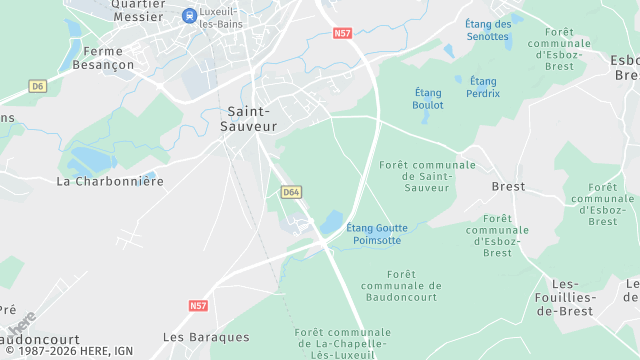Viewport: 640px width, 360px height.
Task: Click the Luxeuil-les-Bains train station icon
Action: click(189, 15)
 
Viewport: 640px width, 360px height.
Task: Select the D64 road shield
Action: click(291, 191)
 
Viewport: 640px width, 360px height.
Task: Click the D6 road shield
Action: click(38, 86)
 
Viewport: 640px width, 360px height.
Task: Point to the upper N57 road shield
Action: click(343, 33)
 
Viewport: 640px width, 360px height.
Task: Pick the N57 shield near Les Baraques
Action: click(198, 305)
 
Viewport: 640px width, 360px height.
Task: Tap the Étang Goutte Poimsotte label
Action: click(377, 234)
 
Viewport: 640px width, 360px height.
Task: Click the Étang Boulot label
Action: click(428, 105)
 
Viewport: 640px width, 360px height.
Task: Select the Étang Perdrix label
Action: click(482, 87)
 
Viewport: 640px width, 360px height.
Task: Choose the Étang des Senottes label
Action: click(488, 30)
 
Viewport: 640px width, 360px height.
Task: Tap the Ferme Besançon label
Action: click(109, 58)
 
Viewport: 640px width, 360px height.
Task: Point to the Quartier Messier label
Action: click(138, 10)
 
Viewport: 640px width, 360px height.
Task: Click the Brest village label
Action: click(508, 187)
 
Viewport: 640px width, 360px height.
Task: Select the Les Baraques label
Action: click(206, 337)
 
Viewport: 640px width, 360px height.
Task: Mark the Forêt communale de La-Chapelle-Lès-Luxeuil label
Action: click(343, 344)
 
